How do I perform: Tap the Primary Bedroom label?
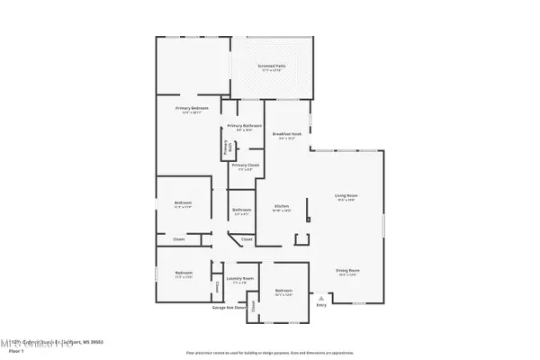(192, 108)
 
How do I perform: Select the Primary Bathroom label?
(244, 125)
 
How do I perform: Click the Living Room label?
(347, 196)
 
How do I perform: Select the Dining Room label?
(347, 270)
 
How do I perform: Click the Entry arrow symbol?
(321, 296)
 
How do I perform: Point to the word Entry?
(321, 304)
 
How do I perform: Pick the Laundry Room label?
(239, 278)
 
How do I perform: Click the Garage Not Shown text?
(229, 308)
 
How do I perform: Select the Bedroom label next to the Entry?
(283, 290)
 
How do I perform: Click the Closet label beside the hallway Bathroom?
(247, 239)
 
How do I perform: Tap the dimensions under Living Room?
(347, 201)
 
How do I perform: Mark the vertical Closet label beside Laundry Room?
(218, 286)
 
